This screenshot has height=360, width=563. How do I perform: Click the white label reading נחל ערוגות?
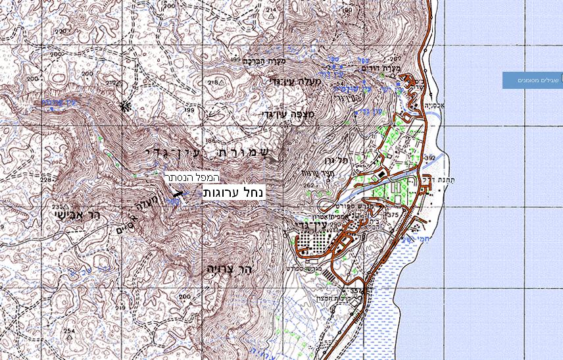pyautogui.click(x=233, y=192)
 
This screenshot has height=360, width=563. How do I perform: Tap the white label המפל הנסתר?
pyautogui.click(x=191, y=178)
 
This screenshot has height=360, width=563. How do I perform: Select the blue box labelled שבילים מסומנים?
pyautogui.click(x=533, y=80)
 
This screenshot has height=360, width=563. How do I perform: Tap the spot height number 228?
pyautogui.click(x=45, y=179)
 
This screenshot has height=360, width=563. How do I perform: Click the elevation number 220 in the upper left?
pyautogui.click(x=61, y=32)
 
